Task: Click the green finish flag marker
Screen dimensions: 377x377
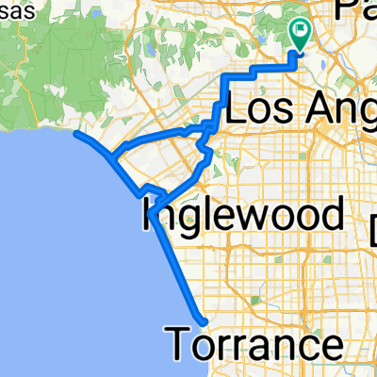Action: pyautogui.click(x=302, y=34)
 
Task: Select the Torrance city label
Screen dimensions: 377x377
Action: pyautogui.click(x=255, y=343)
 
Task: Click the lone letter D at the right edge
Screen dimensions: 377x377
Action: pyautogui.click(x=371, y=228)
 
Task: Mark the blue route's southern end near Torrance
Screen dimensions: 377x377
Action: pyautogui.click(x=201, y=320)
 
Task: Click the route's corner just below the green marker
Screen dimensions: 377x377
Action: pyautogui.click(x=296, y=68)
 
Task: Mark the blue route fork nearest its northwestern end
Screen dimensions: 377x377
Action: pyautogui.click(x=112, y=156)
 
